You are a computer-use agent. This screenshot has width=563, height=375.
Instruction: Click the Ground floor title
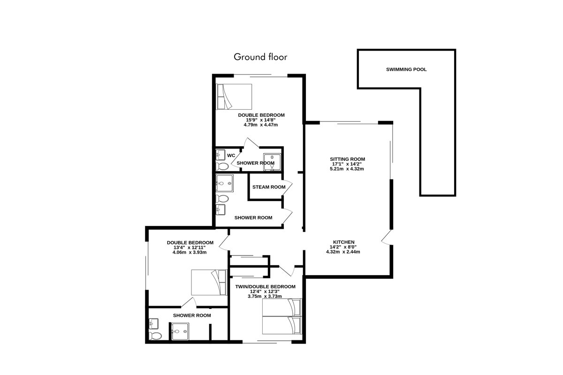(x=260, y=57)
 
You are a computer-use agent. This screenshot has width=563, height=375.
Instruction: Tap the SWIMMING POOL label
(x=406, y=69)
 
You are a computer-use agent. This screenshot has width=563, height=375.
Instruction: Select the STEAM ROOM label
(x=269, y=187)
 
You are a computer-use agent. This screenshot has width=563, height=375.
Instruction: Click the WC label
(x=231, y=156)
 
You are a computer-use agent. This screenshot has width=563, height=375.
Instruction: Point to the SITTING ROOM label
(x=347, y=159)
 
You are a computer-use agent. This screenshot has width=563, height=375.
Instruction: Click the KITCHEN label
(x=343, y=242)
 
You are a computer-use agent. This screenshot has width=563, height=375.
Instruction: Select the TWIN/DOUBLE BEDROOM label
(x=265, y=286)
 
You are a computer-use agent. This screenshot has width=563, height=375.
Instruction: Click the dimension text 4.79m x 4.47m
(x=261, y=125)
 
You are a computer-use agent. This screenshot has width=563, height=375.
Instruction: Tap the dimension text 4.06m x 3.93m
(x=190, y=252)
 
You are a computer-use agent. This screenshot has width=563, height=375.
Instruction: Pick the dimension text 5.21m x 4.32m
(x=347, y=169)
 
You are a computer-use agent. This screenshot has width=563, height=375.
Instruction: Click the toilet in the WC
(x=222, y=166)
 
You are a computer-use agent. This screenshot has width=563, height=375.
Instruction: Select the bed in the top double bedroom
(x=234, y=97)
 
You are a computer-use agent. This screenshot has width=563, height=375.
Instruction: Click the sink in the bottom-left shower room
(x=153, y=324)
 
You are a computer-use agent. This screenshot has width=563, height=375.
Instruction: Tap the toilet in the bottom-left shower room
(x=155, y=336)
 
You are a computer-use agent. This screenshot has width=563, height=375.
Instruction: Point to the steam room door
(x=287, y=187)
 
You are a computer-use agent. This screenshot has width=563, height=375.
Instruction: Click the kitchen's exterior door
(x=387, y=237)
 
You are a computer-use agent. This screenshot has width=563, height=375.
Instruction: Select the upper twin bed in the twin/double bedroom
(x=282, y=307)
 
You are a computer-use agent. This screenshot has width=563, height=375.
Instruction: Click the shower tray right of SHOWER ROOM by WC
(x=272, y=162)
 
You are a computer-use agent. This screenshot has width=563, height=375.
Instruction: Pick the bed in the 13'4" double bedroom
(x=209, y=283)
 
